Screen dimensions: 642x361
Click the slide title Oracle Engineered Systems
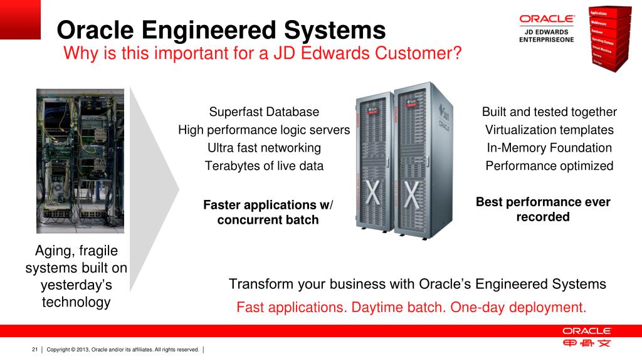pyautogui.click(x=221, y=30)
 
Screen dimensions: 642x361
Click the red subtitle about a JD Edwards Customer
pyautogui.click(x=263, y=54)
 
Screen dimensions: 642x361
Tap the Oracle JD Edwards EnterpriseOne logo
pyautogui.click(x=547, y=28)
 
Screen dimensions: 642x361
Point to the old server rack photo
pyautogui.click(x=80, y=161)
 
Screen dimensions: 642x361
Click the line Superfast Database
pyautogui.click(x=264, y=112)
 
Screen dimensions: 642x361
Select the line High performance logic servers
pyautogui.click(x=264, y=130)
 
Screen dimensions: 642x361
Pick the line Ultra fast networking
pyautogui.click(x=264, y=148)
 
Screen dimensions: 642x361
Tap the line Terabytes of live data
pyautogui.click(x=264, y=166)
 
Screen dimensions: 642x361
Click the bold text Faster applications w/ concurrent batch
pyautogui.click(x=268, y=212)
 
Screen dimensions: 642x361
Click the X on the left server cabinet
pyautogui.click(x=373, y=196)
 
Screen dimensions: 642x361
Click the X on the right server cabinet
pyautogui.click(x=412, y=196)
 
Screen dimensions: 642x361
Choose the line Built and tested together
pyautogui.click(x=549, y=112)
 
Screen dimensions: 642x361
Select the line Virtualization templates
pyautogui.click(x=549, y=130)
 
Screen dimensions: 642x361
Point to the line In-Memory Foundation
pyautogui.click(x=549, y=148)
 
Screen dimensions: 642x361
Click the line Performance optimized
pyautogui.click(x=549, y=166)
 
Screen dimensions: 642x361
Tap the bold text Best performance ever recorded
pyautogui.click(x=543, y=209)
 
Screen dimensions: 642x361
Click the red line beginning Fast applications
pyautogui.click(x=411, y=308)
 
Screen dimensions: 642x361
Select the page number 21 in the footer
pyautogui.click(x=35, y=349)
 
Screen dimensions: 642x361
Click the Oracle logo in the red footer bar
pyautogui.click(x=586, y=331)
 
